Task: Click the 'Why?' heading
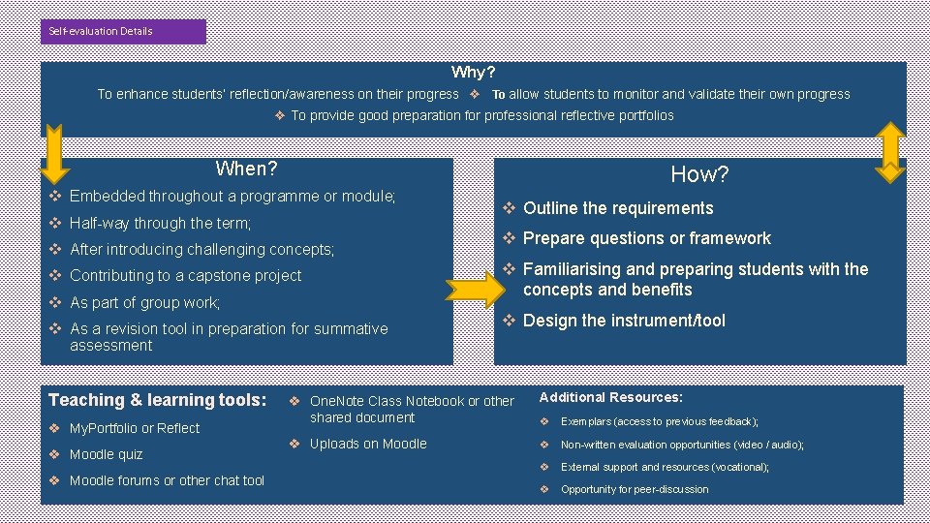pyautogui.click(x=473, y=73)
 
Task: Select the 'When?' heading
pyautogui.click(x=246, y=169)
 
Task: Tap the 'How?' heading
pyautogui.click(x=699, y=174)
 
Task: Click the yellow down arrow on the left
pyautogui.click(x=53, y=154)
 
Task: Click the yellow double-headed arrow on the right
pyautogui.click(x=889, y=151)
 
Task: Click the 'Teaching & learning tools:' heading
pyautogui.click(x=157, y=400)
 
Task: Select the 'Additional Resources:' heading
pyautogui.click(x=610, y=397)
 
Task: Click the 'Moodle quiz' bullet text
pyautogui.click(x=106, y=454)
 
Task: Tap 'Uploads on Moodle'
pyautogui.click(x=367, y=444)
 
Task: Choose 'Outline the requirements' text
pyautogui.click(x=617, y=208)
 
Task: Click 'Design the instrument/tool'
pyautogui.click(x=623, y=321)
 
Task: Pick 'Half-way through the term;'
pyautogui.click(x=160, y=223)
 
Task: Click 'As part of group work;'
pyautogui.click(x=144, y=302)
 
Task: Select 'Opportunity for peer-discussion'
pyautogui.click(x=635, y=489)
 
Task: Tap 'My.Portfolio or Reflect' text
pyautogui.click(x=135, y=428)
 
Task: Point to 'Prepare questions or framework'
pyautogui.click(x=646, y=238)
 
